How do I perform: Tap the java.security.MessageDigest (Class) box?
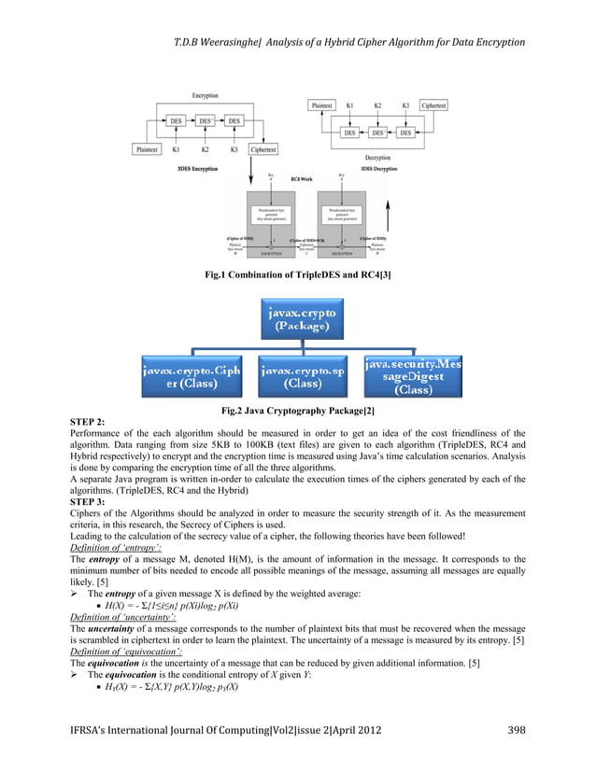[x=411, y=374]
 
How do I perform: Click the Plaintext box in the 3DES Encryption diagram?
[x=147, y=149]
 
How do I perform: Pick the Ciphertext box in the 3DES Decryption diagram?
[x=433, y=106]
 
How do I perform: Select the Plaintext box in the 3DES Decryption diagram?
[x=321, y=106]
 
